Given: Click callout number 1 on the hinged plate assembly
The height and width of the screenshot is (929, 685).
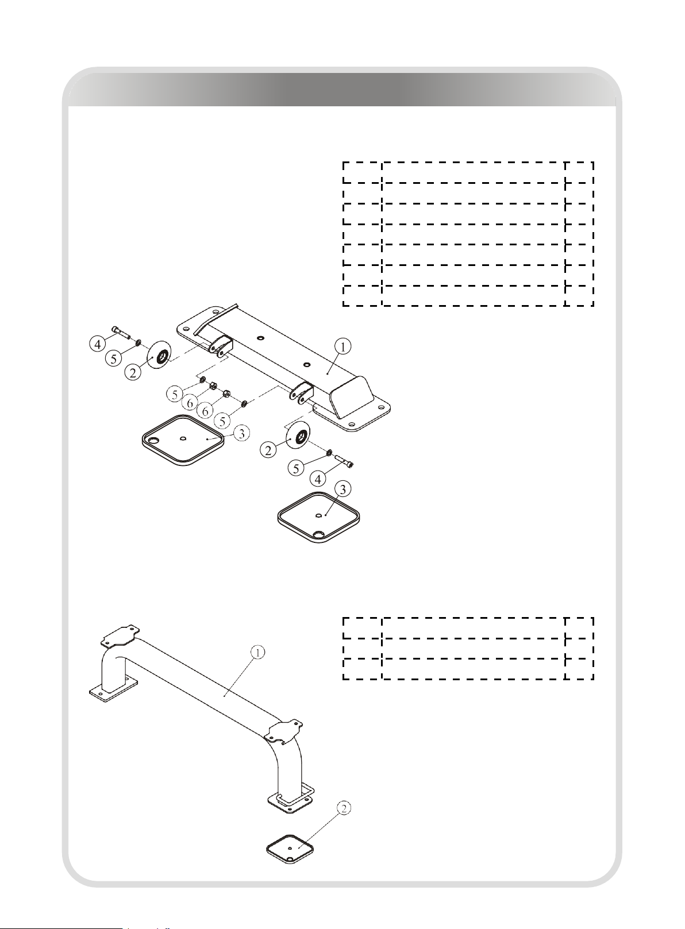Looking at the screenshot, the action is click(343, 346).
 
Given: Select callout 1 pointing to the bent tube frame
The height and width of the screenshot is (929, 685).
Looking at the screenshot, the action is click(257, 653).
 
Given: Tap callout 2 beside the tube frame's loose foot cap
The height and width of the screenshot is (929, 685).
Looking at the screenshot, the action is click(344, 808).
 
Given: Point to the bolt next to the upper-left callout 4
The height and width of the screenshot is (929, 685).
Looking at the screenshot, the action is click(121, 332).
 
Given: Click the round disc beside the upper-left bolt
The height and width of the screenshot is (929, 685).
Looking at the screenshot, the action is click(160, 356).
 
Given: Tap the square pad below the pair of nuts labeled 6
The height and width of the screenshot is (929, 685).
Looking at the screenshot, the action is click(183, 440).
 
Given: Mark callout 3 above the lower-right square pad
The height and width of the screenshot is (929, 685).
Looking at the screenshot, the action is click(342, 489).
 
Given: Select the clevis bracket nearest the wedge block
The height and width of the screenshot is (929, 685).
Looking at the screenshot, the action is click(302, 392).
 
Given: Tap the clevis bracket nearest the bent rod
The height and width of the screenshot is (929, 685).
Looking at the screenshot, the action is click(220, 346).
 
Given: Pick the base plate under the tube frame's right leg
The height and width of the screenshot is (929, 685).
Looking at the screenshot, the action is click(290, 800).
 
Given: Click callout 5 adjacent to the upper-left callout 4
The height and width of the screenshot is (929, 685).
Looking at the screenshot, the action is click(114, 359).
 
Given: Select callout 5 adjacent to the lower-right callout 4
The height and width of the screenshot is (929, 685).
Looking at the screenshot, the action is click(296, 469).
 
